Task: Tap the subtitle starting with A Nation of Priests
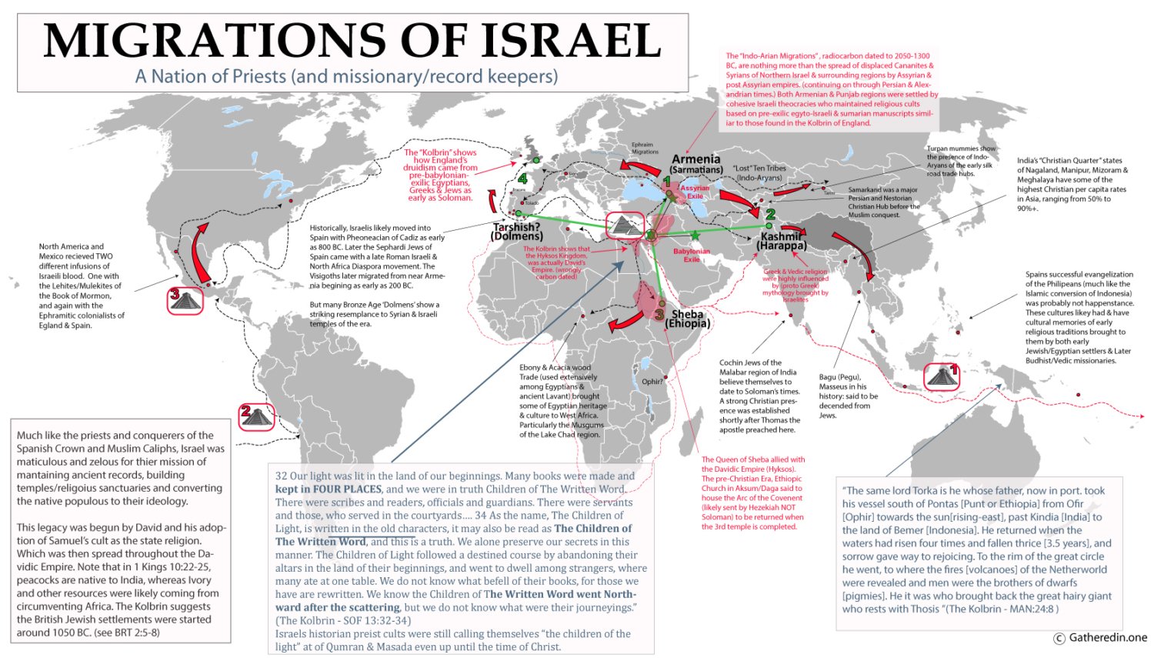(x=346, y=76)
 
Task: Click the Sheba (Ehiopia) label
(x=687, y=318)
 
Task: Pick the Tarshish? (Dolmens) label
(x=517, y=231)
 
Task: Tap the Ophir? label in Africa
(x=652, y=381)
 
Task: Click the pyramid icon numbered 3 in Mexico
(x=185, y=299)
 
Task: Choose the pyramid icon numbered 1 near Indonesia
(x=941, y=376)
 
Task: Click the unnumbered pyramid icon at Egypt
(x=625, y=225)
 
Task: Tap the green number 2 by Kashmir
(x=770, y=215)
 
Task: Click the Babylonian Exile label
(x=692, y=255)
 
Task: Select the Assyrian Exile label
(x=695, y=192)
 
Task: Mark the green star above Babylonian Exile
(x=695, y=235)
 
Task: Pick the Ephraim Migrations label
(x=644, y=148)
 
